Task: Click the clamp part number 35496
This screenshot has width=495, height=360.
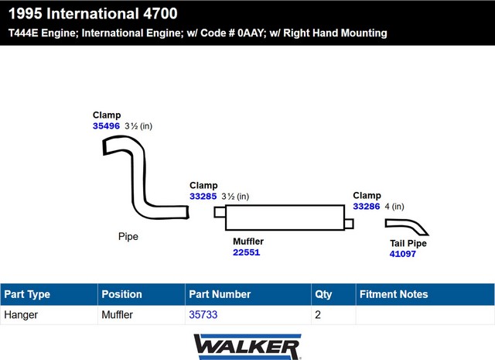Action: tap(106, 125)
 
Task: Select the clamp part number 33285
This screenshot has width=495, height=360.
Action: tap(203, 197)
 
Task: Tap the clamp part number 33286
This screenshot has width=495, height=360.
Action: tap(366, 207)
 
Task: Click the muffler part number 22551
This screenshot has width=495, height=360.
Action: tap(246, 252)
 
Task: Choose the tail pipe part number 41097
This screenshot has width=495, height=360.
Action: tap(402, 254)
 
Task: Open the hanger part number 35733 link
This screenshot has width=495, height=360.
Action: tap(203, 314)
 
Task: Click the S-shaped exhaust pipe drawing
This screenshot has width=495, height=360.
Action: tap(138, 177)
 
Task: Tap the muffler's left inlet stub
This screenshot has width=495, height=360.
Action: tap(220, 212)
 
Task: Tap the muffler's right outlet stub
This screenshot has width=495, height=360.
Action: tap(349, 224)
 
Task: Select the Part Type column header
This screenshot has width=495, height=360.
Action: tap(27, 294)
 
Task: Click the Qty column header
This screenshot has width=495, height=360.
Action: tap(323, 294)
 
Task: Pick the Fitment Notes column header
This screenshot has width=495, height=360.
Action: tap(394, 294)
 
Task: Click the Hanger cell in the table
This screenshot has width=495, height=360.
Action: tap(21, 315)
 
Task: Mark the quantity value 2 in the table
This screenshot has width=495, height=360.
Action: tap(318, 314)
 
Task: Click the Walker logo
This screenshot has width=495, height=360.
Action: tap(247, 347)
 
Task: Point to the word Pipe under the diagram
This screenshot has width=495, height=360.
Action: tap(128, 236)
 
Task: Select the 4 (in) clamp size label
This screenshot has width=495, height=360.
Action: tap(394, 207)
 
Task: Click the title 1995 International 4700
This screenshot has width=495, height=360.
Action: tap(93, 14)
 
